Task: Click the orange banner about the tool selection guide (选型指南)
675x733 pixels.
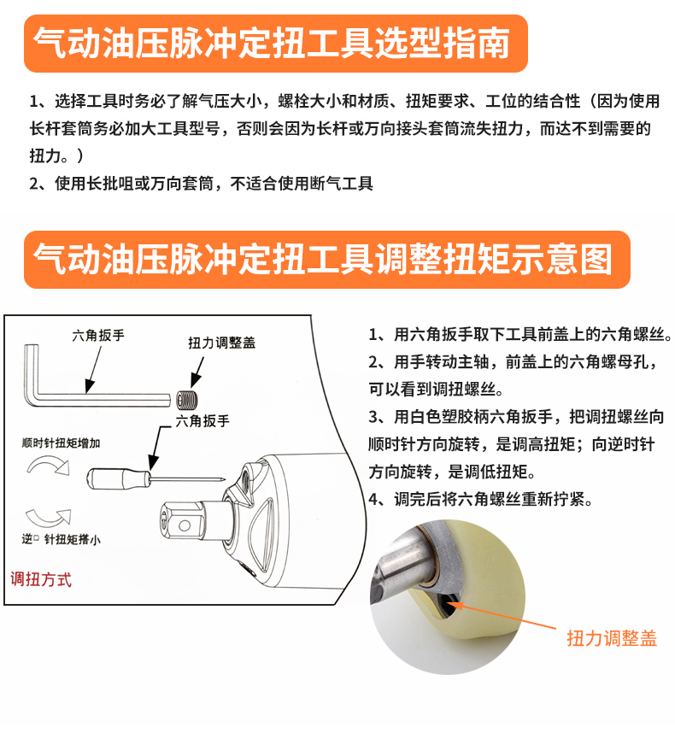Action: [x=276, y=44]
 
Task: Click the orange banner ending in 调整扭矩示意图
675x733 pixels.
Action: [x=327, y=260]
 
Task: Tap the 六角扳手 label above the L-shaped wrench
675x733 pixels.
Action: [x=98, y=335]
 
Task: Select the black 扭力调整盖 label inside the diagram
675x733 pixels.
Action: [x=221, y=343]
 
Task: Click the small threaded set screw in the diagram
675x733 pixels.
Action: [x=187, y=400]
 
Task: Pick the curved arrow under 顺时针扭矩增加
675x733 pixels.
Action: [x=49, y=466]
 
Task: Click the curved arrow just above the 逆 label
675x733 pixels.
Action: [x=49, y=517]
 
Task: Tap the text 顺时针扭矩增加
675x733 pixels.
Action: [x=61, y=443]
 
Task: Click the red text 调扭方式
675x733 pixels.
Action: [x=41, y=579]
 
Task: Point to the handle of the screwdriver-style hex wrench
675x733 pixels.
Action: [x=118, y=478]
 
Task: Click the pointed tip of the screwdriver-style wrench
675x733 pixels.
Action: [x=224, y=478]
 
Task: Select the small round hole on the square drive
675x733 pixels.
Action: [x=185, y=525]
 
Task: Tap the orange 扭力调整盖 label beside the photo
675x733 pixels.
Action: [x=612, y=638]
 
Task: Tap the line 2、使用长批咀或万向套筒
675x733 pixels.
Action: [x=201, y=183]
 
